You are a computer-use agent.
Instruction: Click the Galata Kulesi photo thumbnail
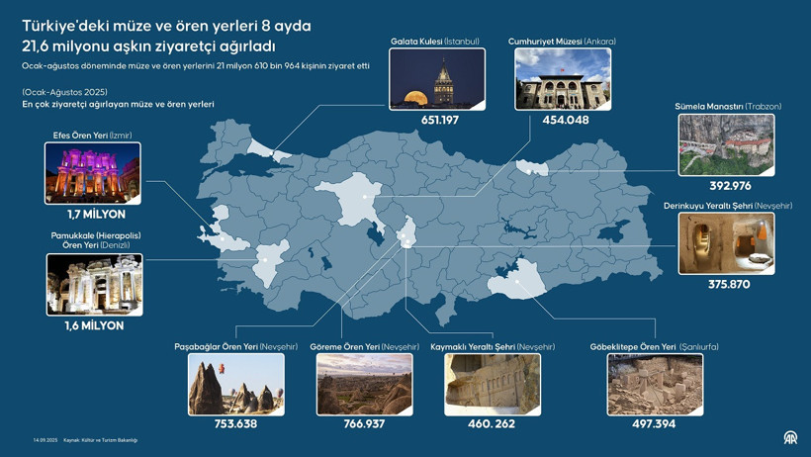[x=437, y=79]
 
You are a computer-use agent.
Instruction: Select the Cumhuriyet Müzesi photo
[x=562, y=79]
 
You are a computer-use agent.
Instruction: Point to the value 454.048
[x=565, y=121]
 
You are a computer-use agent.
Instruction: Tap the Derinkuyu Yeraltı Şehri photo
[x=727, y=244]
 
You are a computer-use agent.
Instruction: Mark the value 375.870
[x=729, y=285]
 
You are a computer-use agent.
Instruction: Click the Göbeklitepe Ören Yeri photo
[x=655, y=385]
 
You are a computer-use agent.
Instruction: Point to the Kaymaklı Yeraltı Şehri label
[x=493, y=347]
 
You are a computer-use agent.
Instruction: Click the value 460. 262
[x=492, y=424]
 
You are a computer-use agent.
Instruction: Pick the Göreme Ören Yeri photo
[x=364, y=385]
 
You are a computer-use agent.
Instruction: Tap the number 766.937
[x=364, y=424]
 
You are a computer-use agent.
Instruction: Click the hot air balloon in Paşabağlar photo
[x=223, y=368]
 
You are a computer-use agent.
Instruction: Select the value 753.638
[x=235, y=424]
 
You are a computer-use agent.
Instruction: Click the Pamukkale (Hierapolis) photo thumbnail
[x=94, y=285]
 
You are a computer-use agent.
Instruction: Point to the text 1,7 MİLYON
[x=96, y=215]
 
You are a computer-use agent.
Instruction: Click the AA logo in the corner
[x=789, y=438]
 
